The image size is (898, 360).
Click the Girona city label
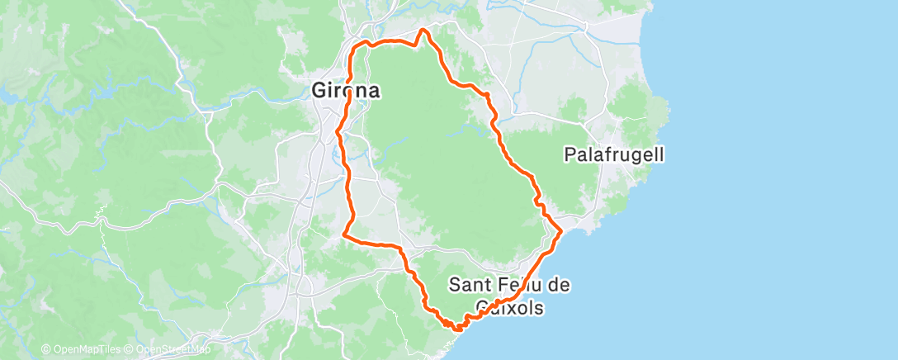click(x=346, y=91)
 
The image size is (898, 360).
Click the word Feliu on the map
click(x=515, y=285)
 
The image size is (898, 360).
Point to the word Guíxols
click(x=508, y=308)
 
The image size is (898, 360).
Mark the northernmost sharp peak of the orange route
click(x=423, y=30)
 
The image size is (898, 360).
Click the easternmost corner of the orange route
click(x=561, y=232)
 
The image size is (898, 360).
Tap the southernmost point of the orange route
click(x=456, y=329)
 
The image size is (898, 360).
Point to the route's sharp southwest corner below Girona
click(x=343, y=236)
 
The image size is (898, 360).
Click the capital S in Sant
click(x=455, y=285)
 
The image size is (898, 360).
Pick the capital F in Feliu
click(x=501, y=285)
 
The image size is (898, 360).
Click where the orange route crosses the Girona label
click(x=349, y=91)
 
